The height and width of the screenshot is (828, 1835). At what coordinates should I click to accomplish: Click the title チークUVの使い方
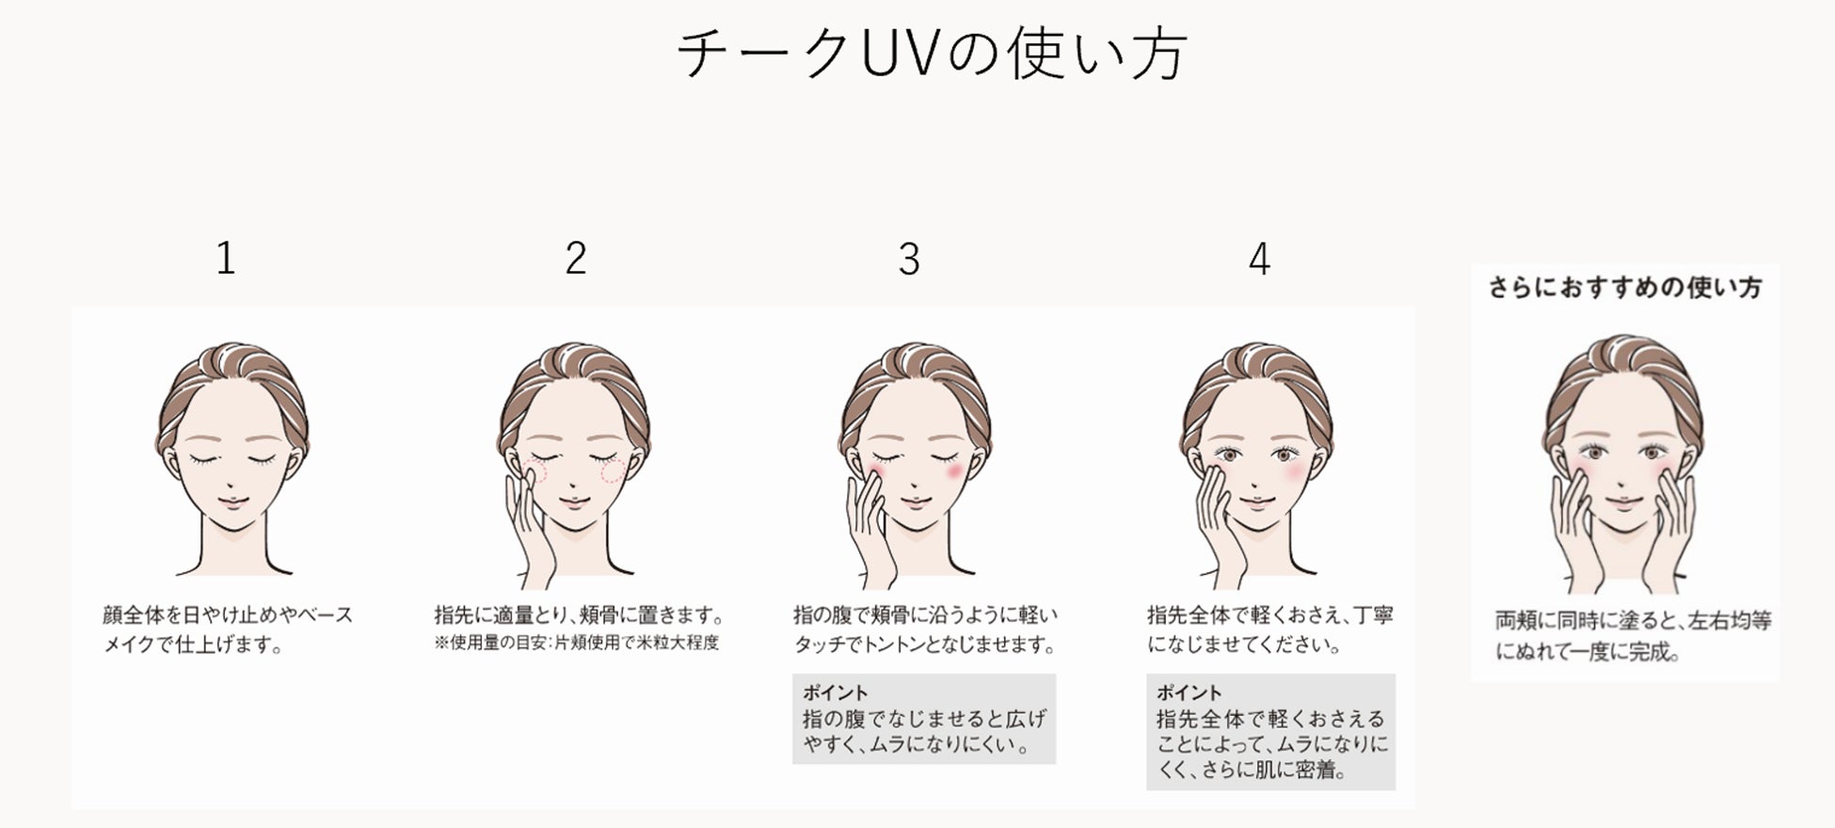pos(932,53)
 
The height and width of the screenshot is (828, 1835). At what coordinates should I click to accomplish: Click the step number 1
pos(226,258)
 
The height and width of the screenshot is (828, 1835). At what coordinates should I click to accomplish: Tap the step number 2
pos(576,258)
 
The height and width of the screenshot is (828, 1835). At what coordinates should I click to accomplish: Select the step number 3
pos(909,260)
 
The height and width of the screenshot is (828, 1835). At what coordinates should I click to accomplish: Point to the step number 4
pos(1260,259)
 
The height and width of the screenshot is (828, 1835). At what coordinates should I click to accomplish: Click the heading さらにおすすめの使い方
pos(1625,288)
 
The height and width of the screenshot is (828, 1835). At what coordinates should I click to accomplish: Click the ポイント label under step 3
pos(836,693)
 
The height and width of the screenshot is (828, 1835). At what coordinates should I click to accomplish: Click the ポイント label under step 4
pos(1189,693)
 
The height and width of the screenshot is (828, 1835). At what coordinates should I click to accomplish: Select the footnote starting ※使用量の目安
pos(577,644)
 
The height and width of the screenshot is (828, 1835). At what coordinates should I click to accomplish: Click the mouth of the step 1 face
pos(231,502)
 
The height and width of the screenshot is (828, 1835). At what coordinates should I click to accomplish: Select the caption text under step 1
pos(228,629)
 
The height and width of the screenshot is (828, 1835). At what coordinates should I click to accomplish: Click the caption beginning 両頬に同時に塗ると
pos(1634,635)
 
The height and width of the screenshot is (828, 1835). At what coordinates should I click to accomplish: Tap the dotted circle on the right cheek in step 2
pos(612,472)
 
